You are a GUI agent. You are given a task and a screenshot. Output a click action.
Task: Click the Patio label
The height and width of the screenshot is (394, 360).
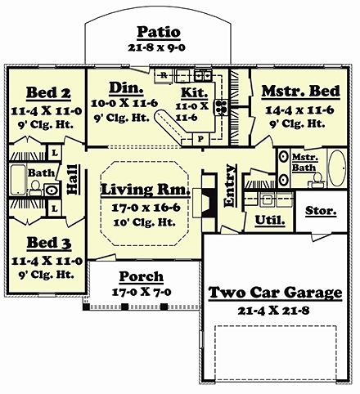(159, 32)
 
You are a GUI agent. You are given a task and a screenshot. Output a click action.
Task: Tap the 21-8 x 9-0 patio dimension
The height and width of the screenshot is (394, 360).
(157, 47)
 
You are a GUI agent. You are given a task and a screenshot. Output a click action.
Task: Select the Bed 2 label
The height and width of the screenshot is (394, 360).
(48, 93)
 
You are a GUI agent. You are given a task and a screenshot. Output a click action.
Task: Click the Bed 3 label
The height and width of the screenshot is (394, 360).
(49, 243)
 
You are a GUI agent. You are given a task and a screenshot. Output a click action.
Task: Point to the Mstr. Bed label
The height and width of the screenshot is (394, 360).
(300, 91)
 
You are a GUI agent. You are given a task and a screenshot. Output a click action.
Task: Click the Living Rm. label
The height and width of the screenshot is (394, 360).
(146, 189)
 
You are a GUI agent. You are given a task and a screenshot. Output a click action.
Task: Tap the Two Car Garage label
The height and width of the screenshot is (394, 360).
(275, 293)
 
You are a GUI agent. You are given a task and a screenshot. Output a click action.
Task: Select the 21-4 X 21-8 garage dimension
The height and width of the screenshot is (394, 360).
(273, 311)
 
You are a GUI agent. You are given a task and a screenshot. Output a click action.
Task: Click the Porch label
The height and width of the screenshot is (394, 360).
(142, 276)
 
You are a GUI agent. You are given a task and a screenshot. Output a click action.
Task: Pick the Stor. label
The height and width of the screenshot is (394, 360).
(321, 210)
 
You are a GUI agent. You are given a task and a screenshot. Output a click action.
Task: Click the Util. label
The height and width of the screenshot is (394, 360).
(270, 220)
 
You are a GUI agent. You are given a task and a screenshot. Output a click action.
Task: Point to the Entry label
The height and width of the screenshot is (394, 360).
(230, 186)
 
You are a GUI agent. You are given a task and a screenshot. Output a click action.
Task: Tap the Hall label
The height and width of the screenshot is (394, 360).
(73, 180)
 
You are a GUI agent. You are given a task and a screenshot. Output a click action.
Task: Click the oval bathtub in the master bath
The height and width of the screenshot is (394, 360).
(337, 168)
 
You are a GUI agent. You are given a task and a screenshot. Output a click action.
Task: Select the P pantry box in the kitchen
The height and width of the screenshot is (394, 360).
(201, 139)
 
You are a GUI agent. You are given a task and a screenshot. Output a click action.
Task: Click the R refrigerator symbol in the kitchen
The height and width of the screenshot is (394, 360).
(164, 75)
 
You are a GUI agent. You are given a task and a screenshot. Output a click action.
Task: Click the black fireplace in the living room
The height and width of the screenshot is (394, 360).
(209, 195)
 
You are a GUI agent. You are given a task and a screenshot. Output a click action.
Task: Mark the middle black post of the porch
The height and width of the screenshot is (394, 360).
(125, 307)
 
